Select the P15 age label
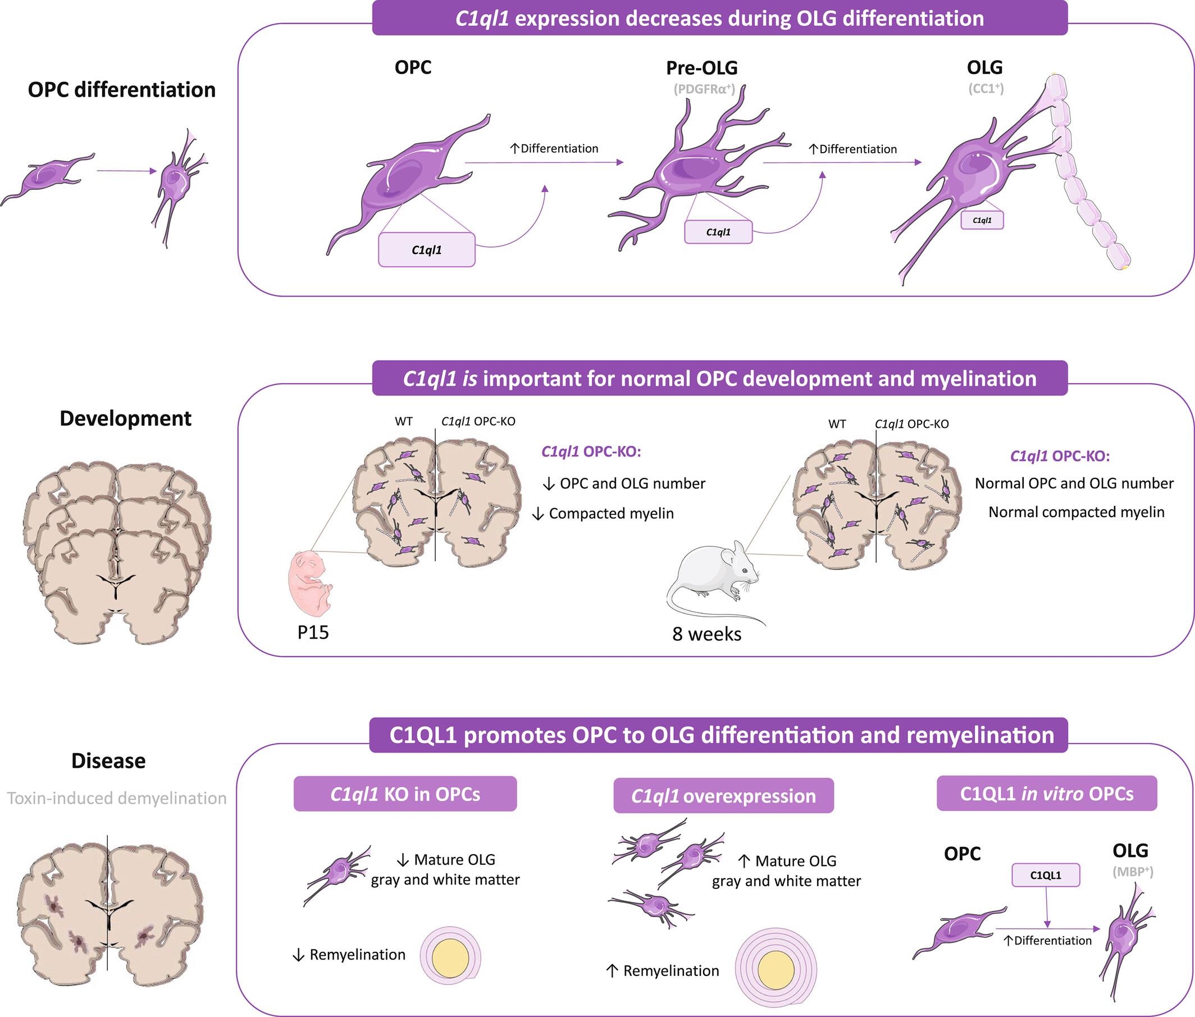point(313,632)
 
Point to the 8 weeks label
point(707,633)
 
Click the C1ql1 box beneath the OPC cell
point(427,250)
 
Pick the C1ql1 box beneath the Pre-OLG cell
point(718,232)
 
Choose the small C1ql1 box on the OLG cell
point(982,220)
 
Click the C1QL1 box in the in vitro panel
point(1046,875)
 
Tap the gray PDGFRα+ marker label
point(704,89)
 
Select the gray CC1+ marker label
point(986,88)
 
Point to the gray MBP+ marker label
point(1133,872)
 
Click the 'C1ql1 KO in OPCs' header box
point(405,794)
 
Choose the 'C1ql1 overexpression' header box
point(723,796)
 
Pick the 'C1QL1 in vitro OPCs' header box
point(1047,793)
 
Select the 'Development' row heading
point(125,418)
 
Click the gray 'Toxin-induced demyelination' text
point(116,798)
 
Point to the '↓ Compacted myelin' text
point(604,513)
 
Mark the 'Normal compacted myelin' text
point(1077,512)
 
